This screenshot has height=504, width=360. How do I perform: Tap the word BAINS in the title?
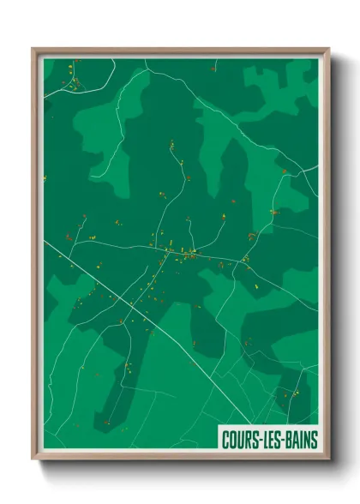pos(298,440)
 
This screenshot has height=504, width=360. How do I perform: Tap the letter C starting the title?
pos(225,440)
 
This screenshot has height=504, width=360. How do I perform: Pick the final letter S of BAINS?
pos(313,440)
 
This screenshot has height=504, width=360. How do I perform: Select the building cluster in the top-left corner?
pos(73,79)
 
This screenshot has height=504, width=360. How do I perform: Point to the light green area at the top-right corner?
pos(283,81)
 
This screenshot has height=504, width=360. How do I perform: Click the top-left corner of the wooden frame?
pos(34,50)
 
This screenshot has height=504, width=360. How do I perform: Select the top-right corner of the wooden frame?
pos(328,50)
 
